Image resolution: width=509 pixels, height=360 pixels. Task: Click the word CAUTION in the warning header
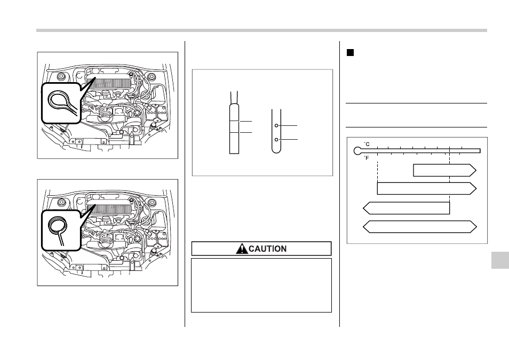pyautogui.click(x=267, y=249)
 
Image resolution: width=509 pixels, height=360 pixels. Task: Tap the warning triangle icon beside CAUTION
pyautogui.click(x=242, y=249)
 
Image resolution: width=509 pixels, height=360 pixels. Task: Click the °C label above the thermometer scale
pyautogui.click(x=367, y=144)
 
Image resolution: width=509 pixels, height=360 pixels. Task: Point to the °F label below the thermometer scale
pyautogui.click(x=367, y=158)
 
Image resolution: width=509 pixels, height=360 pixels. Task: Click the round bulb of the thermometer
pyautogui.click(x=357, y=150)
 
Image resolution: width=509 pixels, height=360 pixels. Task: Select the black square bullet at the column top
pyautogui.click(x=350, y=53)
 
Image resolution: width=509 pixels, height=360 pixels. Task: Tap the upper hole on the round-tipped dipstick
pyautogui.click(x=276, y=125)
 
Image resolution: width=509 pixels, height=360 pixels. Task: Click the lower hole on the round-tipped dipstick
pyautogui.click(x=276, y=140)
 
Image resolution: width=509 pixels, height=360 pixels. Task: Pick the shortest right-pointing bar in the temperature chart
pyautogui.click(x=445, y=171)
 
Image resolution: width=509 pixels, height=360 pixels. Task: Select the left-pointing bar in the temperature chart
pyautogui.click(x=406, y=208)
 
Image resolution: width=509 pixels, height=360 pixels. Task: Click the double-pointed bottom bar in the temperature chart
pyautogui.click(x=420, y=227)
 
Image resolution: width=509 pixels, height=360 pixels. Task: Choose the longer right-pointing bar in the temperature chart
pyautogui.click(x=427, y=189)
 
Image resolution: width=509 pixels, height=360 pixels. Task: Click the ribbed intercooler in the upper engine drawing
pyautogui.click(x=109, y=83)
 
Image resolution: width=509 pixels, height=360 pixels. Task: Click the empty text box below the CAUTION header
pyautogui.click(x=261, y=285)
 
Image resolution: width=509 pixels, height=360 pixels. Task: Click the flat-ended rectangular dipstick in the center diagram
pyautogui.click(x=234, y=129)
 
